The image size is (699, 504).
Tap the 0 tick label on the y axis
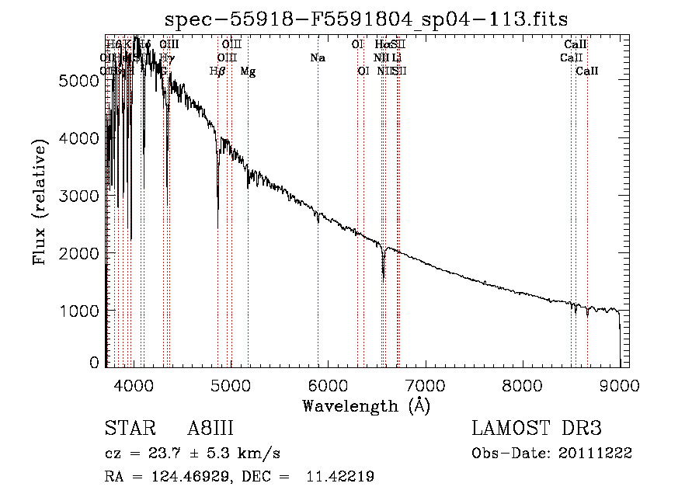point(95,363)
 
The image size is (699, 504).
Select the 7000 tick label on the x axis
point(425,385)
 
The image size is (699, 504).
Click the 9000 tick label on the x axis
point(619,385)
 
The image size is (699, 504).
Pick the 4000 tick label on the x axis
point(134,385)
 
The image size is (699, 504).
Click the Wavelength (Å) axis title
point(366,405)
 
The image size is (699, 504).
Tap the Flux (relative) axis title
point(40,200)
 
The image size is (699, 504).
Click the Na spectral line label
point(317,57)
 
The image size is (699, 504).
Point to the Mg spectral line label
point(248,71)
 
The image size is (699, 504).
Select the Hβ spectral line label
point(217,71)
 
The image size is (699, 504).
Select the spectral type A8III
point(210,428)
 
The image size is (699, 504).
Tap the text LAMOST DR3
point(537,428)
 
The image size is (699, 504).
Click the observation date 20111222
point(593,454)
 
